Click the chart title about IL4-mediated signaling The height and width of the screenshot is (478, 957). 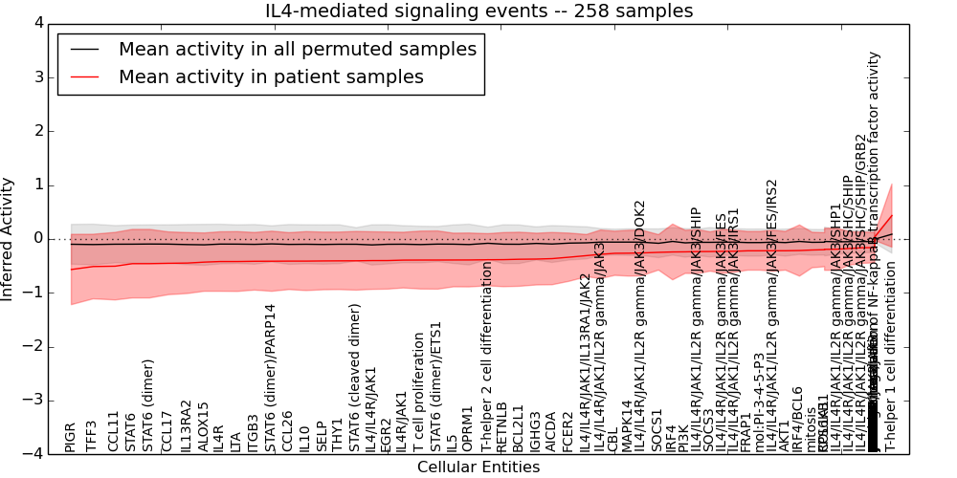[x=478, y=11]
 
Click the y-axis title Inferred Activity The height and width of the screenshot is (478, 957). [x=8, y=238]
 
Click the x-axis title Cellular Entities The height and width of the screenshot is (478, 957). [x=478, y=467]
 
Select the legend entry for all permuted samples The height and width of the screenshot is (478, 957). [x=297, y=49]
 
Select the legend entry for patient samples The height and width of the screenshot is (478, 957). [x=271, y=77]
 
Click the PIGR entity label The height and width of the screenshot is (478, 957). [x=70, y=437]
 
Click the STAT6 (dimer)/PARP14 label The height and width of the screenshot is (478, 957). [x=270, y=378]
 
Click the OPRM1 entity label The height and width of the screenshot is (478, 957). [x=468, y=428]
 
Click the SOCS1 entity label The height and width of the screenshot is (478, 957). [x=657, y=430]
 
